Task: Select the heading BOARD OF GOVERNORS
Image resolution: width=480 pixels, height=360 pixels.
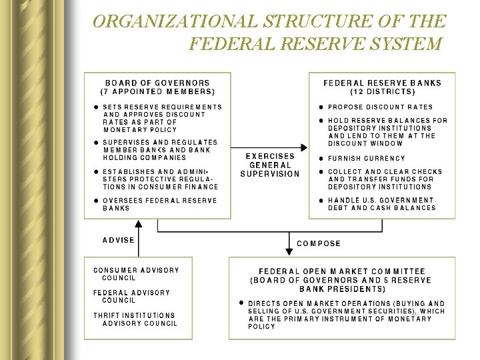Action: tap(157, 83)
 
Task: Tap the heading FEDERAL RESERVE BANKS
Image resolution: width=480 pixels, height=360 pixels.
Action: tap(382, 83)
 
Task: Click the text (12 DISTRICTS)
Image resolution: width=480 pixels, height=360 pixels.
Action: tap(382, 91)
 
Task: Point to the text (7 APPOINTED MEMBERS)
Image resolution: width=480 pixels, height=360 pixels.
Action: tap(157, 91)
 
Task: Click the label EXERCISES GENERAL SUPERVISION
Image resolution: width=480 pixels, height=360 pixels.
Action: tap(270, 165)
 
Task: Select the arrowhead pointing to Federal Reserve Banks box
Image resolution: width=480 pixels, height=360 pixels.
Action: tap(304, 148)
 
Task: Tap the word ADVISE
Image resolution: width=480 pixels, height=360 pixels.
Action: tap(119, 240)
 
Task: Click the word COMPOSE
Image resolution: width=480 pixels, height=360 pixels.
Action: tap(319, 243)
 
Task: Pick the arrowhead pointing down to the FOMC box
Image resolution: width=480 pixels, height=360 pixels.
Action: tap(289, 251)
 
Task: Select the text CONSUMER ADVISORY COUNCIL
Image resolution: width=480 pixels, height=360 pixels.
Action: tap(136, 274)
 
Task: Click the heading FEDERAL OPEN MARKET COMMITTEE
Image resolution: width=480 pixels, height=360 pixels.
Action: tap(341, 272)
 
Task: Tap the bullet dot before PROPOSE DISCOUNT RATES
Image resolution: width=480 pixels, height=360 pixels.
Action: tap(321, 107)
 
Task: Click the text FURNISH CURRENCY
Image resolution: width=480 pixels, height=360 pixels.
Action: tap(366, 159)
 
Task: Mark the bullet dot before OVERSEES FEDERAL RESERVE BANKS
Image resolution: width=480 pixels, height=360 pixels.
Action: tap(96, 201)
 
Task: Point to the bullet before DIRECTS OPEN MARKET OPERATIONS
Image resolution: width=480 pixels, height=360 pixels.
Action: tap(241, 303)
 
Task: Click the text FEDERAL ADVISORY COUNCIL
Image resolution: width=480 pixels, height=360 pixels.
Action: tap(131, 296)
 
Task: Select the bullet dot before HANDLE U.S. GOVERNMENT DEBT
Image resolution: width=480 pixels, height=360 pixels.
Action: tap(321, 200)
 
